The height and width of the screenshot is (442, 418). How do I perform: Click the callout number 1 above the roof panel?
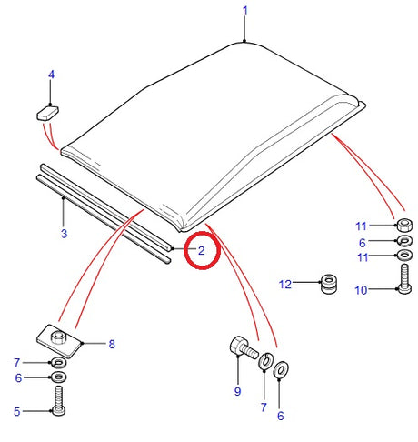pos(244,11)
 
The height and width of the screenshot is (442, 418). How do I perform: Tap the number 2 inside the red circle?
pos(201,249)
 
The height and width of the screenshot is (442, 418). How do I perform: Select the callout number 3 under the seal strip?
pos(63,234)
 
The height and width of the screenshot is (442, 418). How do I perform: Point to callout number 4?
pos(51,75)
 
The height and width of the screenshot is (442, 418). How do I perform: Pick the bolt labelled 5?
pos(58,401)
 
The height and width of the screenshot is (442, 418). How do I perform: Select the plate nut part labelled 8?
pos(61,340)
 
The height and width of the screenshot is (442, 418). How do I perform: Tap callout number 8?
pos(111,344)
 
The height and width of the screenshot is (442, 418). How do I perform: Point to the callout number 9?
pos(237,392)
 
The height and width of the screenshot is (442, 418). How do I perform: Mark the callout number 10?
pos(361,290)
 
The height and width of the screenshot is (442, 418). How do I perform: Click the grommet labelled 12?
pos(326,284)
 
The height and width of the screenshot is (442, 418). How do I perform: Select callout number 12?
pos(285,285)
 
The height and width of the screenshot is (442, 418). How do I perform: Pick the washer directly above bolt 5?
pos(58,377)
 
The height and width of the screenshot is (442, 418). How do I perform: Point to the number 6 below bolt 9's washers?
pos(279,416)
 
